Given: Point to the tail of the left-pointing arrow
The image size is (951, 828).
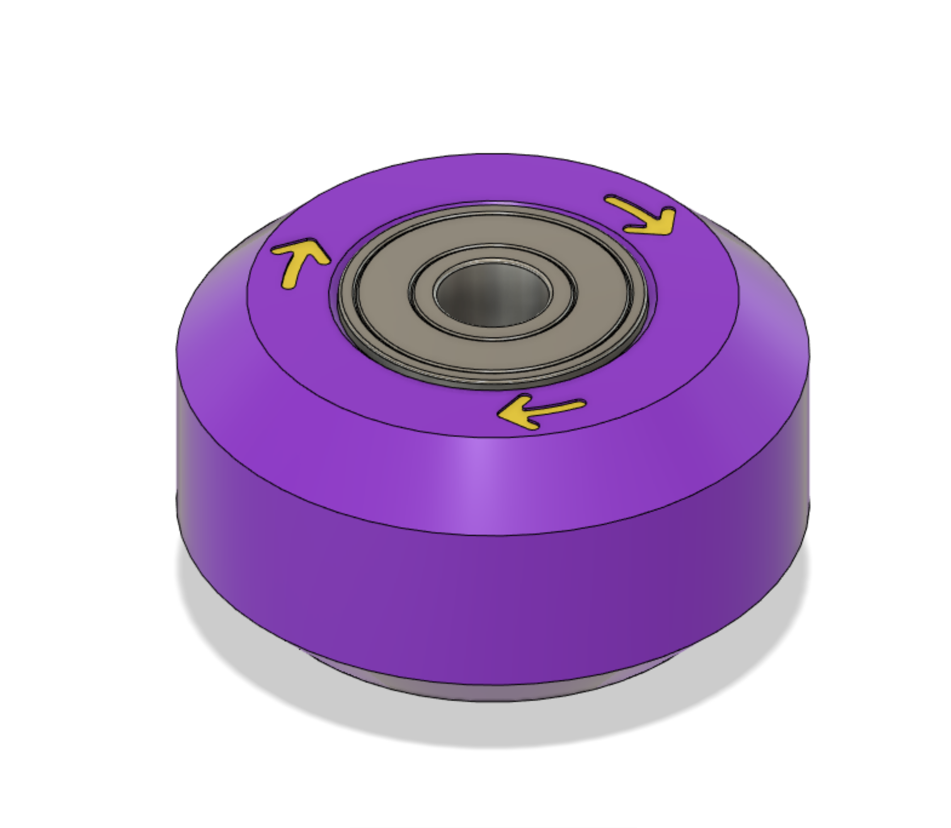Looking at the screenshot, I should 582,403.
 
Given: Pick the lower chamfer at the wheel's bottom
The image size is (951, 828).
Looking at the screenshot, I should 485,690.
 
